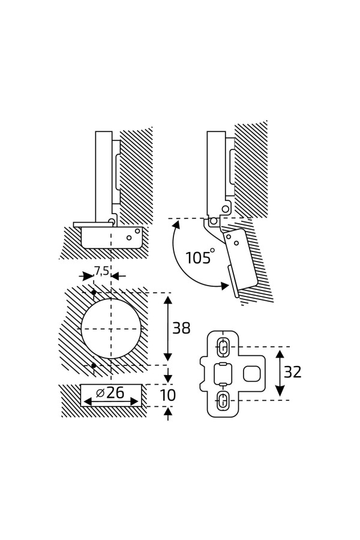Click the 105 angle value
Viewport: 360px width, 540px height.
(197, 259)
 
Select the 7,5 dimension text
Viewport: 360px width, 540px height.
(101, 271)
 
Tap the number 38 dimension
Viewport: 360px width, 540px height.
(181, 329)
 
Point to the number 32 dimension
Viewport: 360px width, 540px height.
(293, 373)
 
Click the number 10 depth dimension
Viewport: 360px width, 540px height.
(168, 395)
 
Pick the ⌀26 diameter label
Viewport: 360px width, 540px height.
(110, 394)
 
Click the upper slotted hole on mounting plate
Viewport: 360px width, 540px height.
(223, 347)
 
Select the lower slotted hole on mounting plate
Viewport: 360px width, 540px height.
(223, 400)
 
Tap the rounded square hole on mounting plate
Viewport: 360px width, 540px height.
(250, 374)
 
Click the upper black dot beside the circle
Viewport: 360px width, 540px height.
(94, 293)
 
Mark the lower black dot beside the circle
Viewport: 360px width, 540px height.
(94, 365)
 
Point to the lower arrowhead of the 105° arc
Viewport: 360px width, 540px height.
(224, 286)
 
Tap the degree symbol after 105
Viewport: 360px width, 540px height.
(212, 250)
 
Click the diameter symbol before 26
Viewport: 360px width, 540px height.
(100, 394)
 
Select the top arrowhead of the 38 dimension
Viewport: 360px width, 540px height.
(168, 299)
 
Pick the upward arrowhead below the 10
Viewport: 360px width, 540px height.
(168, 412)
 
